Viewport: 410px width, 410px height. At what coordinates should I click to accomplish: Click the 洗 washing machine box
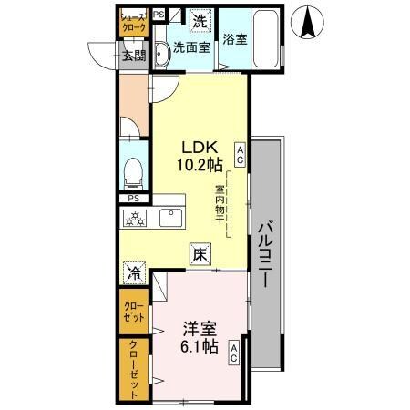click(200, 19)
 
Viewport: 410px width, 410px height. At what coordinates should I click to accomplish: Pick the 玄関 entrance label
click(134, 55)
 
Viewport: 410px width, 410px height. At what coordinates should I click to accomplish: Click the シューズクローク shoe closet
click(134, 23)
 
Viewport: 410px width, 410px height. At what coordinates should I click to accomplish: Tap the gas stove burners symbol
click(137, 219)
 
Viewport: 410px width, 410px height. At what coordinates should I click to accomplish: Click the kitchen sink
click(170, 219)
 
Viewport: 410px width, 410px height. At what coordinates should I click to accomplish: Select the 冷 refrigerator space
click(135, 271)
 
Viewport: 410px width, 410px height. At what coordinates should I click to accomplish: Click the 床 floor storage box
click(199, 256)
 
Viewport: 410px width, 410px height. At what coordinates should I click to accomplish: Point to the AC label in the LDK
click(240, 151)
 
